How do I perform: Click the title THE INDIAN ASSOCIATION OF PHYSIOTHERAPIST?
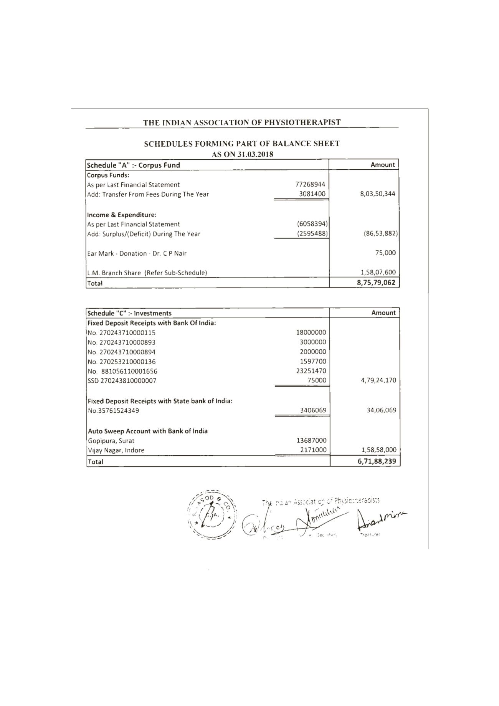[242, 122]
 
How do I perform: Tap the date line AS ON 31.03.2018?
[242, 154]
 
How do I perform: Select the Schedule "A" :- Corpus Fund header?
[134, 165]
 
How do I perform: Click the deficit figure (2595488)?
[312, 233]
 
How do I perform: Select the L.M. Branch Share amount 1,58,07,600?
[376, 273]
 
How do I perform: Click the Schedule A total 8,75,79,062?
[376, 283]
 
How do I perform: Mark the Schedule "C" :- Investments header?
[129, 313]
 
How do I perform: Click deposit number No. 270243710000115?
[122, 332]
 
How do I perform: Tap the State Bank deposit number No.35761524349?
[113, 411]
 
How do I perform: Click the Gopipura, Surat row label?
[111, 441]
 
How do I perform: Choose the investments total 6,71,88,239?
[377, 461]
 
